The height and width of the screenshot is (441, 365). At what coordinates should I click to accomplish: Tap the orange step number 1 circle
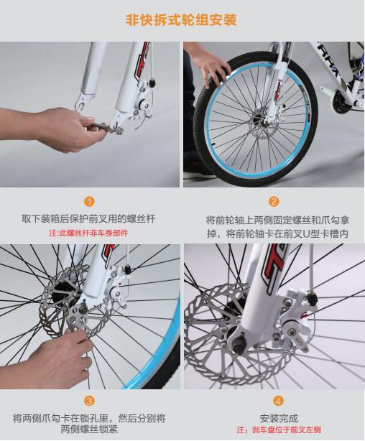[90, 202]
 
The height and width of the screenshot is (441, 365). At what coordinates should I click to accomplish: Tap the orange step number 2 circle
[274, 202]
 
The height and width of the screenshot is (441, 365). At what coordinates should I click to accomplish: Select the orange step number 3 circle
[90, 400]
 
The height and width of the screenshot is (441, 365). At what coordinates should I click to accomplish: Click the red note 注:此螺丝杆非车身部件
[90, 233]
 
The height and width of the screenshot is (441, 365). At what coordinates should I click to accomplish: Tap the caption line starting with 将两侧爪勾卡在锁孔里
[90, 417]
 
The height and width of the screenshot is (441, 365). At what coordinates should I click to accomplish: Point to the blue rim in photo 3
[165, 330]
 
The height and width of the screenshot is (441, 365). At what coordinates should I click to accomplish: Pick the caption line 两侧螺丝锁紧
[90, 430]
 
